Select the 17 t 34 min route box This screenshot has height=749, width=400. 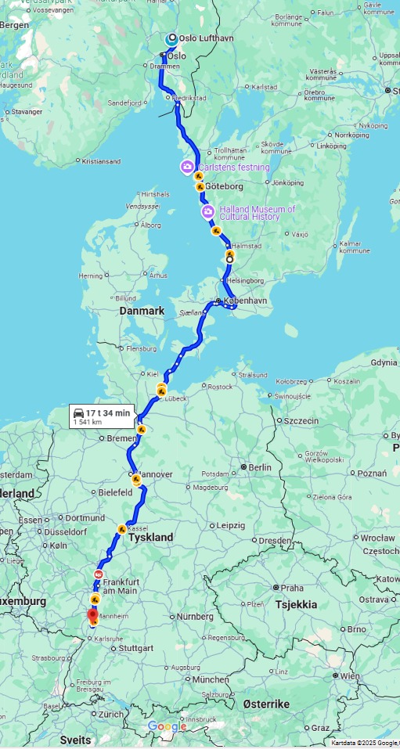pos(102,416)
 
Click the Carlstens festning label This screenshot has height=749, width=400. pos(233,167)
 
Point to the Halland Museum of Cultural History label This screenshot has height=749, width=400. pos(258,212)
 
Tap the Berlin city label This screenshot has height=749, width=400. pos(259,467)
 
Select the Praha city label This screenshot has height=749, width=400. pos(292,588)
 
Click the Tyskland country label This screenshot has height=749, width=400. pos(150,538)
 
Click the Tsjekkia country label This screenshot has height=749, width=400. pos(296,604)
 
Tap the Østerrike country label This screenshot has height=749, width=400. pos(266,704)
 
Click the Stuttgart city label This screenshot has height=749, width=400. pos(138,648)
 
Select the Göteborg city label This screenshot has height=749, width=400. pos(225,186)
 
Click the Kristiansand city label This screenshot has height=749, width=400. pos(101,161)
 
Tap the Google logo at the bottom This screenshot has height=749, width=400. pos(168,727)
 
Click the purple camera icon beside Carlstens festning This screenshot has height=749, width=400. pos(187,167)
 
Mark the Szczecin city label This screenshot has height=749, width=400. pos(301,420)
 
